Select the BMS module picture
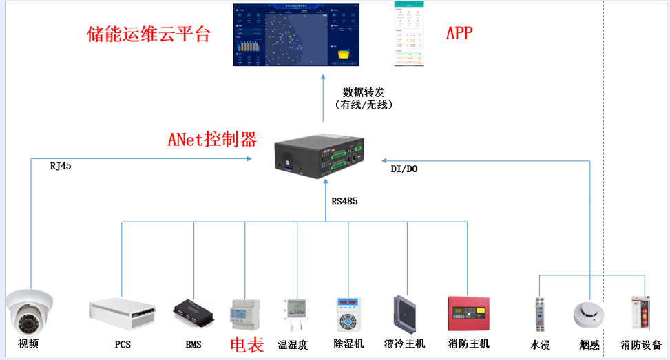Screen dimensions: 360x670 coord(193,312)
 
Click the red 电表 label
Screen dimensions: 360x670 coord(246,345)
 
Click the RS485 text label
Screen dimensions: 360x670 coord(344,202)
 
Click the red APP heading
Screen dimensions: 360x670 coord(459,33)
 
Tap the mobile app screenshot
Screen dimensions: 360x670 coord(409,34)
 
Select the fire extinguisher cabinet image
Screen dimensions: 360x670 coord(641,314)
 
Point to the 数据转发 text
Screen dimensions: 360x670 coord(362,92)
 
